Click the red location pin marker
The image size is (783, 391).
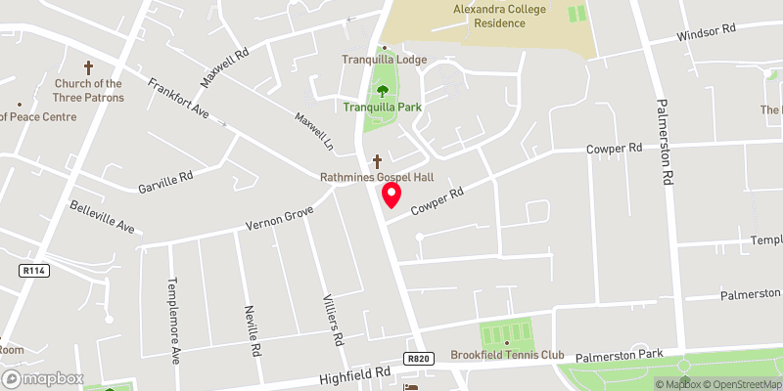(391, 195)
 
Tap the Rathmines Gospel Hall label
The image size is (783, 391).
(377, 178)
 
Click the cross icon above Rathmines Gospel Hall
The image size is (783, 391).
(377, 161)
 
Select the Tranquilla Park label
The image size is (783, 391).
(382, 107)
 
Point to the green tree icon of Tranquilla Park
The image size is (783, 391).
(383, 91)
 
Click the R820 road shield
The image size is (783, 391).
(418, 359)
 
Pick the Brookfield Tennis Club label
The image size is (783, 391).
(507, 355)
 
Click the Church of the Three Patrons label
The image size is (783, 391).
(89, 90)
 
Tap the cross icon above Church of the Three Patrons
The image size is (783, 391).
(89, 68)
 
